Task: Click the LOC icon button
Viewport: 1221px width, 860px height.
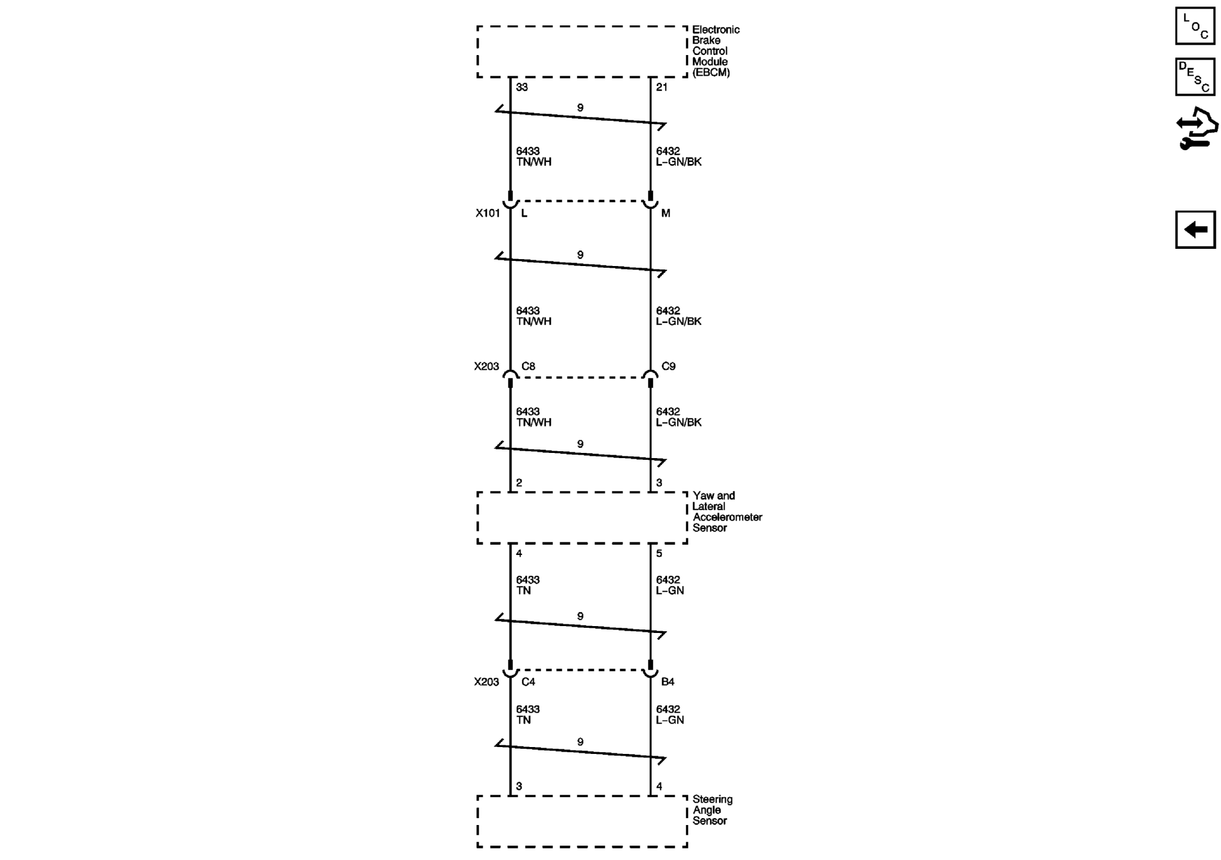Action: [1195, 26]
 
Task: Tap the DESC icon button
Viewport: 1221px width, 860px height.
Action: [1195, 76]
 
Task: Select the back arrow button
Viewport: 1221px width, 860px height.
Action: [1195, 229]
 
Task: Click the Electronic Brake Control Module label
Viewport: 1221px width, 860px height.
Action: [715, 50]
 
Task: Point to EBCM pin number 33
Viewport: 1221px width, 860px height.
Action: [522, 87]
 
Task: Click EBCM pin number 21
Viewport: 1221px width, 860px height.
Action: [662, 87]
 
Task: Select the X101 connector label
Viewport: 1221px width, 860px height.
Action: [487, 213]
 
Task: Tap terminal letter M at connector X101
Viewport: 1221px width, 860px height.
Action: [666, 213]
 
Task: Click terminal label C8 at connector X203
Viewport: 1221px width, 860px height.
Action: [528, 366]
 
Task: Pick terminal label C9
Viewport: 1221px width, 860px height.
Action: [668, 366]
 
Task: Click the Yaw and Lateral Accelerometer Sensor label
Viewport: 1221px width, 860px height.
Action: [726, 511]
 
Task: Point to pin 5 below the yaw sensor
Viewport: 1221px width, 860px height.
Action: [659, 553]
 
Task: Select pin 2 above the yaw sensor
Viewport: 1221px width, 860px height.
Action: [519, 483]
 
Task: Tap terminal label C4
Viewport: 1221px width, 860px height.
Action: [528, 682]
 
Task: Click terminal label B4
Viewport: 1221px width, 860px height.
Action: [668, 682]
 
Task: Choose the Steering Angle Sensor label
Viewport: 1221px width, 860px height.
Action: [712, 810]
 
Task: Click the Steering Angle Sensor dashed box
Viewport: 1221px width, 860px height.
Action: [582, 821]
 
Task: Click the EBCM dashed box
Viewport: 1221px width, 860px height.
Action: [582, 52]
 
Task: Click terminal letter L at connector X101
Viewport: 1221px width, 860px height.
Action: [524, 213]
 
